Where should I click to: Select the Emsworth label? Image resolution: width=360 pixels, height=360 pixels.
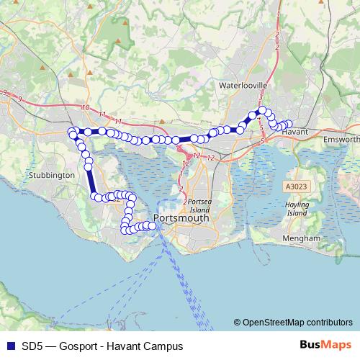click(341, 138)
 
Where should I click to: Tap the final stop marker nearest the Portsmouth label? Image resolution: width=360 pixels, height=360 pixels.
click(152, 225)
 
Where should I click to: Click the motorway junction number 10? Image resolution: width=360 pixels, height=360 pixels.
click(86, 107)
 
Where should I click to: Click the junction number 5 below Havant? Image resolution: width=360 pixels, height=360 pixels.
click(263, 141)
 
